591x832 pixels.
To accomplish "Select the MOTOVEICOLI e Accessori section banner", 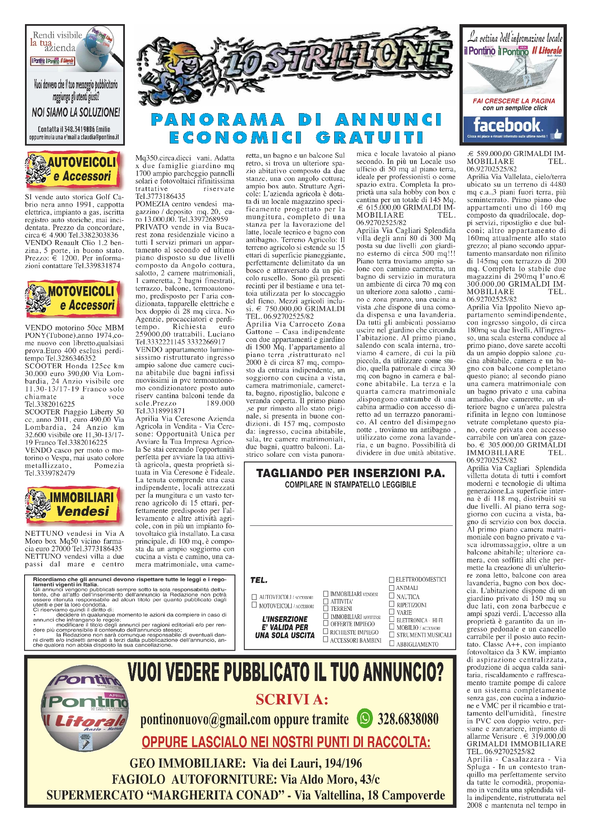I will pyautogui.click(x=74, y=299).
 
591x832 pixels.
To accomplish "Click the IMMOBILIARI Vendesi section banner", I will pyautogui.click(x=74, y=504).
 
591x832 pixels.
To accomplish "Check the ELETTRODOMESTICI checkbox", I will pyautogui.click(x=392, y=579).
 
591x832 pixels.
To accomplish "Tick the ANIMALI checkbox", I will pyautogui.click(x=392, y=588).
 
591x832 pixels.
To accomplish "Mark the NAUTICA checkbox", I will pyautogui.click(x=392, y=597).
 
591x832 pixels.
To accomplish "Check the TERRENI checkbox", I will pyautogui.click(x=326, y=608).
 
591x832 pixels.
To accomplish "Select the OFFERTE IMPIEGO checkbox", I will pyautogui.click(x=326, y=624).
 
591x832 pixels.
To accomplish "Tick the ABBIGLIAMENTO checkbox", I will pyautogui.click(x=392, y=644).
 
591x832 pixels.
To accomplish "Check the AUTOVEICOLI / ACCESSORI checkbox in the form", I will pyautogui.click(x=254, y=597).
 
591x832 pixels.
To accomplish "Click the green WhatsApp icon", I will pyautogui.click(x=365, y=718).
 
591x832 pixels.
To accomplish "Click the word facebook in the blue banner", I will pyautogui.click(x=507, y=124).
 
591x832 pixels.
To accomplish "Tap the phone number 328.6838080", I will pyautogui.click(x=408, y=718).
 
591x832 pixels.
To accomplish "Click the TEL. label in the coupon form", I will pyautogui.click(x=259, y=580).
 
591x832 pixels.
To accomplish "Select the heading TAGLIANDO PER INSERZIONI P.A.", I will pyautogui.click(x=350, y=473).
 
